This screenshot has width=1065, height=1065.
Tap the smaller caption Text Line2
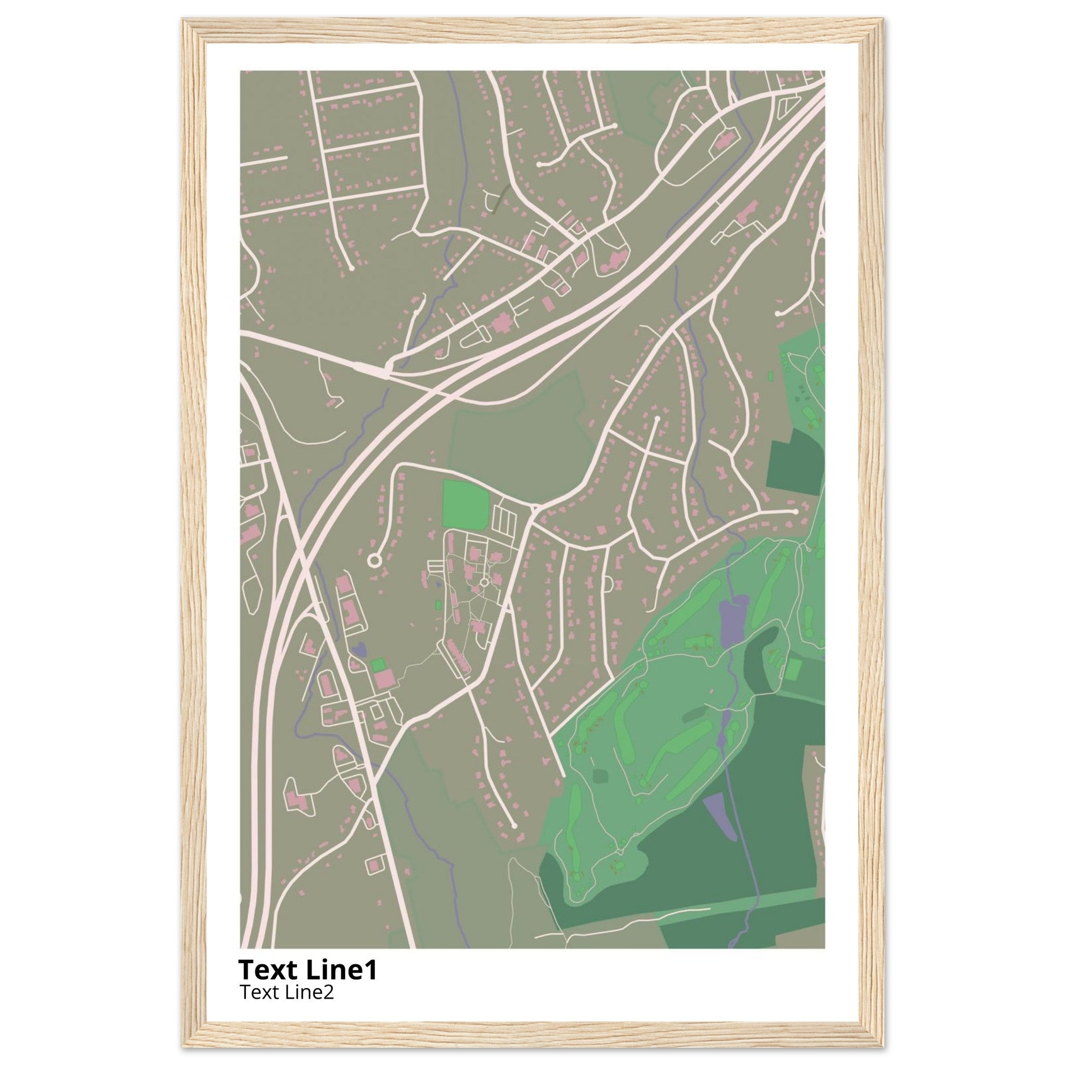(287, 992)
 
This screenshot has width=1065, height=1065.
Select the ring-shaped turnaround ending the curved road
(374, 561)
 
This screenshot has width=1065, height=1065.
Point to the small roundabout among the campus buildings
(484, 582)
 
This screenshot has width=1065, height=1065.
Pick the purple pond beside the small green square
(359, 649)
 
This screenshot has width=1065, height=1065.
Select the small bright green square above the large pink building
(378, 665)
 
